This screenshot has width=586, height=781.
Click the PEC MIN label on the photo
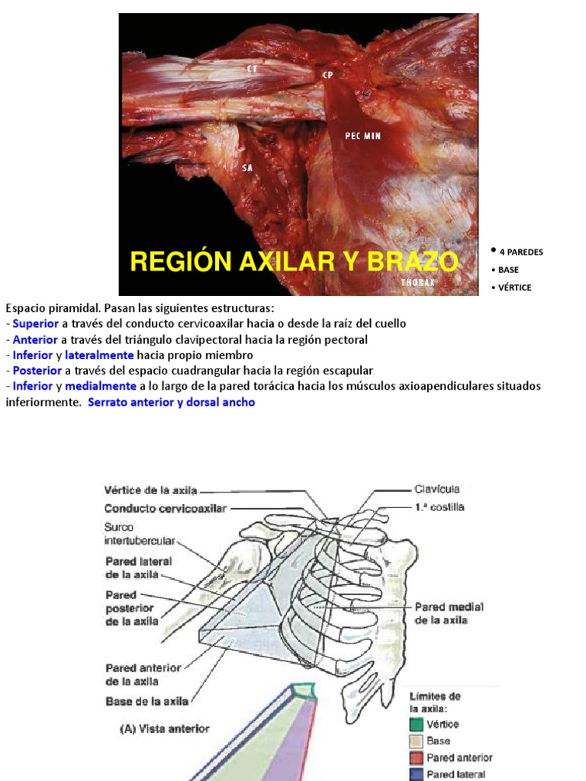tap(362, 137)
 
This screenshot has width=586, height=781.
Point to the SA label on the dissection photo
tap(247, 167)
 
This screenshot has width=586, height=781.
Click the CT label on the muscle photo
tap(252, 69)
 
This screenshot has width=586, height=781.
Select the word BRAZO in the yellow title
tap(412, 262)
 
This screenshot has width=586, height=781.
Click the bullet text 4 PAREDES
tap(520, 252)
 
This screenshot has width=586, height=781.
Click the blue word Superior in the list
tap(35, 323)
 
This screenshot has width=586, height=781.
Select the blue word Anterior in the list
tap(35, 339)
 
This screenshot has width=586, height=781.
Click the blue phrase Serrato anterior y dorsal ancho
tap(172, 402)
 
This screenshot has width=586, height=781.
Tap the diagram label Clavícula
tap(437, 489)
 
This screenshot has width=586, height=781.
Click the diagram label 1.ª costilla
tap(436, 506)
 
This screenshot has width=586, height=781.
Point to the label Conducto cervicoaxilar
tap(165, 509)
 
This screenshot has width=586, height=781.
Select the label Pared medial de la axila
tap(449, 613)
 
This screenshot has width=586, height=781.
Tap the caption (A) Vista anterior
tap(164, 728)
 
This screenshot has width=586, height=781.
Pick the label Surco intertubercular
tap(140, 533)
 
